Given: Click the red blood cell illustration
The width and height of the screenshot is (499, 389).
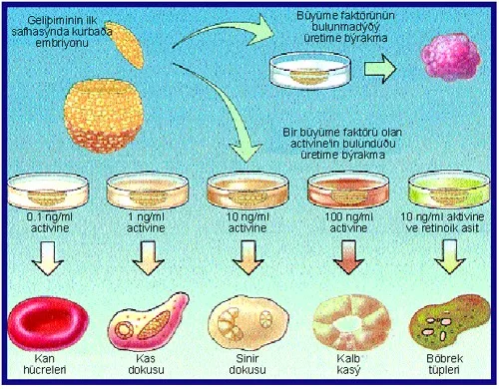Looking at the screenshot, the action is click(x=48, y=323).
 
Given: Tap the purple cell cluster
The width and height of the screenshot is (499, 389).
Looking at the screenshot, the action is click(x=451, y=57).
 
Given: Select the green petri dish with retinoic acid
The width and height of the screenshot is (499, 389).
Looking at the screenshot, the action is click(x=449, y=190).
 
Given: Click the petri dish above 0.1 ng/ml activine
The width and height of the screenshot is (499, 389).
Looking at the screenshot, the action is click(x=48, y=192).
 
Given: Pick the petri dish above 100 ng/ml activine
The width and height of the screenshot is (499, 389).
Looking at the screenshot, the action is click(x=348, y=191).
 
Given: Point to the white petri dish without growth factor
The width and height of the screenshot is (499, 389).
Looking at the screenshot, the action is click(x=309, y=70).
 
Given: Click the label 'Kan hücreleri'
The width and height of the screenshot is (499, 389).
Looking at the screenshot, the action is click(x=45, y=364).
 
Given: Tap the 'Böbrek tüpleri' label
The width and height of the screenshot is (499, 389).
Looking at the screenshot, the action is click(x=445, y=364).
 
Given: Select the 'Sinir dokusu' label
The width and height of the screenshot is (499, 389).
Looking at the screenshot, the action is click(x=248, y=364).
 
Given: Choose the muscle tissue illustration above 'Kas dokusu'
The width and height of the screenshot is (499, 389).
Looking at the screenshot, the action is click(x=148, y=321).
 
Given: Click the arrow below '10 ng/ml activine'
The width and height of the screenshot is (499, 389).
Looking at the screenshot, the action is click(x=248, y=257).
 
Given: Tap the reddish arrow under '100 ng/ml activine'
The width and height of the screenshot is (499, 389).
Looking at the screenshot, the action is click(x=348, y=257).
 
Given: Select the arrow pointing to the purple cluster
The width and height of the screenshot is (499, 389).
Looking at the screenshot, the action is click(x=380, y=69).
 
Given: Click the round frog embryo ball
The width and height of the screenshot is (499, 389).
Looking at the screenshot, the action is click(x=104, y=116).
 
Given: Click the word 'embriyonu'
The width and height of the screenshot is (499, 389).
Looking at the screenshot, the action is click(x=62, y=43).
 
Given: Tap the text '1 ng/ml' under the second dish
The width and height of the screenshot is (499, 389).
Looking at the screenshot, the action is click(x=146, y=217).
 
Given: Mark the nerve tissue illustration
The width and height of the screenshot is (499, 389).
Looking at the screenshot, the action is click(x=249, y=325).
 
